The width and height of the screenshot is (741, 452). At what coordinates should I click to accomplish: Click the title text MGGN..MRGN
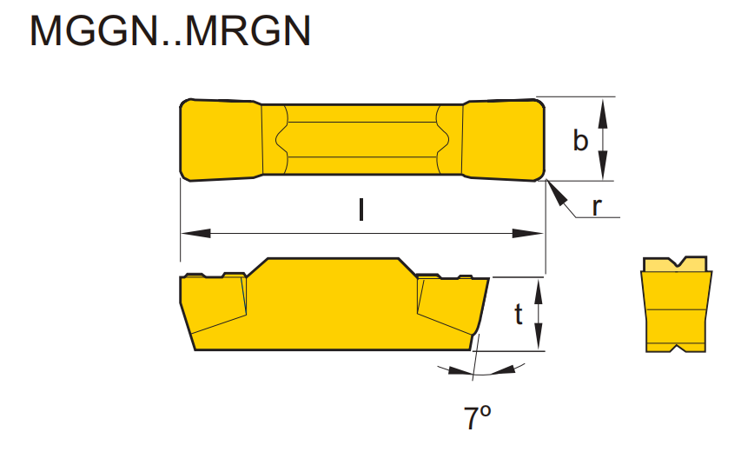pos(170,32)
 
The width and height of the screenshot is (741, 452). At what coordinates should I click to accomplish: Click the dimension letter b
pos(580,140)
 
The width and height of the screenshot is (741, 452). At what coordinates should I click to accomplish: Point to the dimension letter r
pos(597,206)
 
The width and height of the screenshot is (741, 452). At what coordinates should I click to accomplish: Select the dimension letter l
pos(361,211)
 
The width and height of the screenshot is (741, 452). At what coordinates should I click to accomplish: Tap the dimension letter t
pos(518,315)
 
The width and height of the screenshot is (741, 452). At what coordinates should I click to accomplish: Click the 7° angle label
pos(477,419)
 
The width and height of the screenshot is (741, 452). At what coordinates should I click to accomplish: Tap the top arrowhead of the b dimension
pos(605,107)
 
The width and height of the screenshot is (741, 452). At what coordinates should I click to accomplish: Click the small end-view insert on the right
pos(677,304)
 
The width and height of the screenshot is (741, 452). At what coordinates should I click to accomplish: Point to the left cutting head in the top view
pos(221,140)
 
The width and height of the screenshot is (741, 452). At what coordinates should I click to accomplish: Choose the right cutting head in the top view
pos(503,140)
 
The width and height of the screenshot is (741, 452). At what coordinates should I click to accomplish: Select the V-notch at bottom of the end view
pos(677,349)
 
